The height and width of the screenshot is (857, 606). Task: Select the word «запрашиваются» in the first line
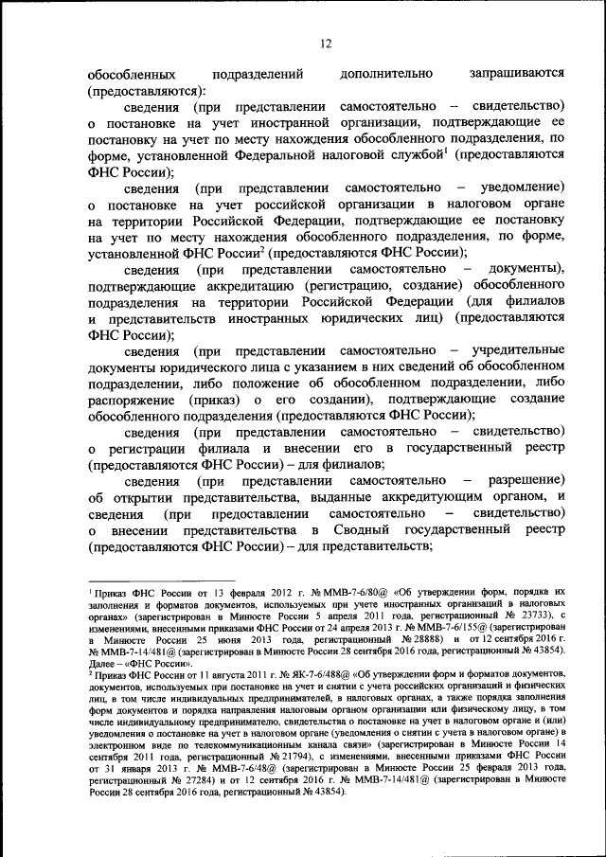[511, 73]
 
